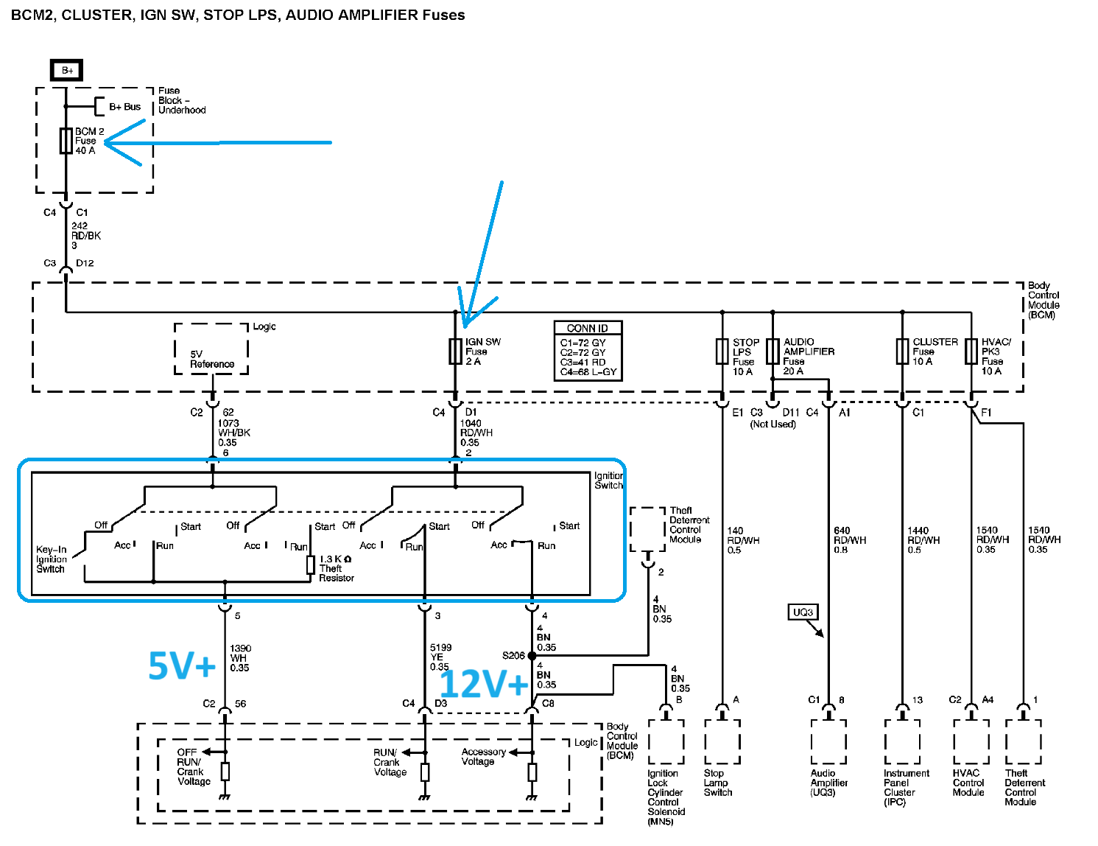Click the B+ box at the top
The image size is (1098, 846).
click(66, 70)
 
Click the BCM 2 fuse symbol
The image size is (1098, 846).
click(66, 141)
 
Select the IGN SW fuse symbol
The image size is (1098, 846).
click(455, 352)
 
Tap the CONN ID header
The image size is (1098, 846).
click(587, 328)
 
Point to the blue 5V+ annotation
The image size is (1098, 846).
click(182, 665)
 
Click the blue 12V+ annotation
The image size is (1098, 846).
click(484, 684)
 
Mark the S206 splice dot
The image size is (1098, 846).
click(532, 656)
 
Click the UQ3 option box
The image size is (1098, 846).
click(803, 612)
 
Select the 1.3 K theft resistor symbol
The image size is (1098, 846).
click(311, 564)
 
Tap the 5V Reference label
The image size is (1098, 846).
click(212, 359)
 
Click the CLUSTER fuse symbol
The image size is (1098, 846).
click(902, 352)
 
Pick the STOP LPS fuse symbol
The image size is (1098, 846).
click(722, 352)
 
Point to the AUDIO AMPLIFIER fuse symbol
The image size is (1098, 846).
click(773, 352)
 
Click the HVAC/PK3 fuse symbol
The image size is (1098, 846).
click(971, 352)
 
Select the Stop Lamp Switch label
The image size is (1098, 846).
click(718, 783)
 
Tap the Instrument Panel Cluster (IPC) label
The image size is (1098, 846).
click(907, 788)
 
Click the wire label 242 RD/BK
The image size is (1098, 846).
click(86, 231)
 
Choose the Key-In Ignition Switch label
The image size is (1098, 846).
click(51, 559)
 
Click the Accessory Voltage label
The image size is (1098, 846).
click(483, 757)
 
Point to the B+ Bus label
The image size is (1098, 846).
click(124, 107)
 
